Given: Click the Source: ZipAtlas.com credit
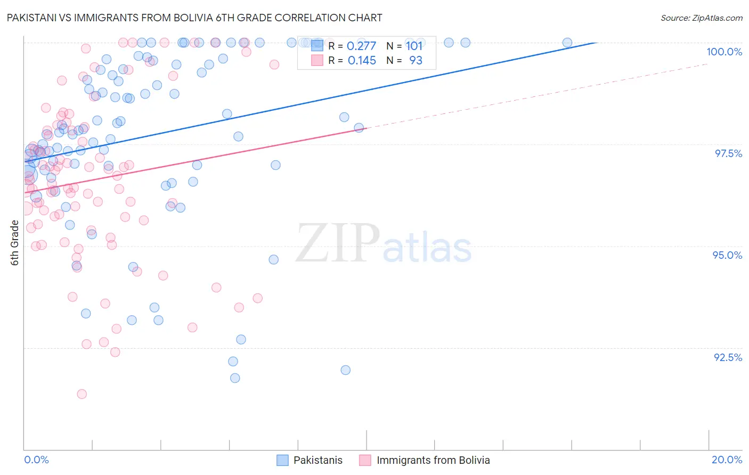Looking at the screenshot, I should [x=701, y=18].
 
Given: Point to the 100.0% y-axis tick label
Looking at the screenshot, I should [x=724, y=52].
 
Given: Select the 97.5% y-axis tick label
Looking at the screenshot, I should [x=728, y=153].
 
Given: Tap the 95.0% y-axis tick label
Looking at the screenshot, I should [x=727, y=255].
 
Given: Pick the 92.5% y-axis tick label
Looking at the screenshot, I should [x=728, y=357].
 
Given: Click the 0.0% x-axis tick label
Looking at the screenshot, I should [x=36, y=460].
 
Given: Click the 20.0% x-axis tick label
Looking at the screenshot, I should [x=727, y=460].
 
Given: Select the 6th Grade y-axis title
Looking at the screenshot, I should [x=15, y=243].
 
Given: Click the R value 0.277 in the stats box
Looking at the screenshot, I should [x=361, y=46].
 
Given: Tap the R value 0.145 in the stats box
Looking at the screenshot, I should [x=362, y=61].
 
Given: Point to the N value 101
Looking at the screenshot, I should [x=414, y=46].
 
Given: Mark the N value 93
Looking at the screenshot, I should [x=416, y=61].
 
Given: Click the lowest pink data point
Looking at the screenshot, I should [x=82, y=394].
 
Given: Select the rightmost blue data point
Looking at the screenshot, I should [x=567, y=43].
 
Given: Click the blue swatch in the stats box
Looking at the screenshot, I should [x=317, y=46].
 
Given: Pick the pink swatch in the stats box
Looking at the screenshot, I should [x=317, y=61].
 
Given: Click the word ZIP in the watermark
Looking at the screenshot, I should [x=338, y=243].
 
